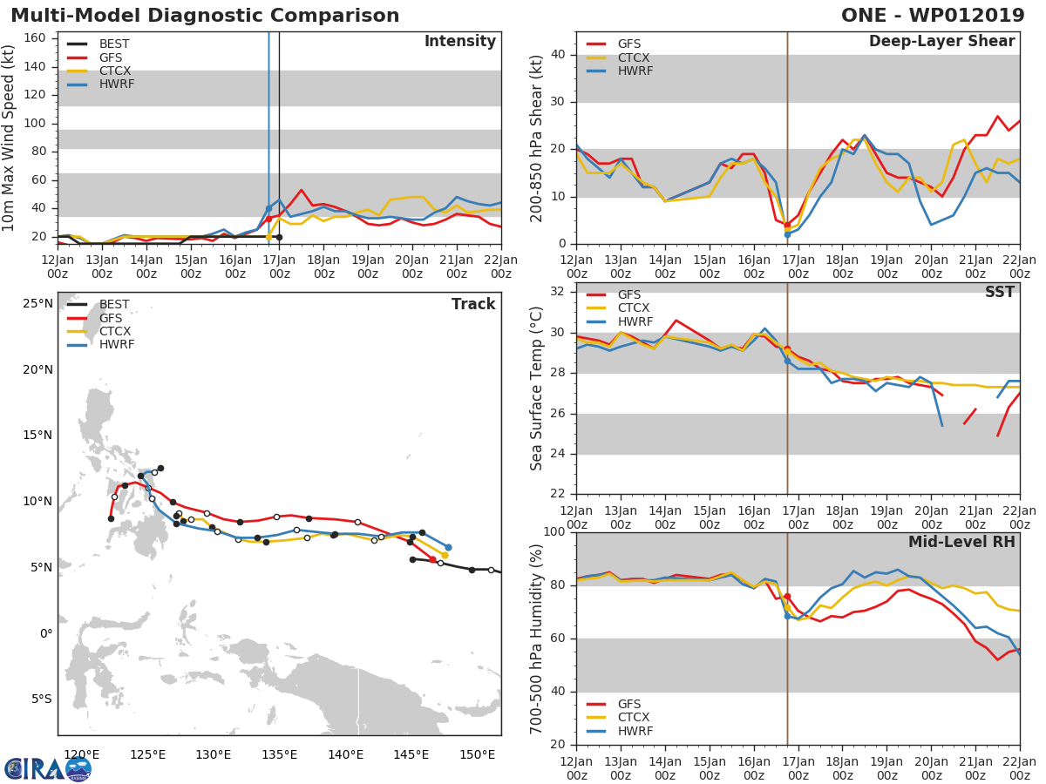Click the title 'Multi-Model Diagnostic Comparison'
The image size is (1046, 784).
[205, 16]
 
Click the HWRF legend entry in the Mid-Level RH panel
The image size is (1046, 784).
[634, 731]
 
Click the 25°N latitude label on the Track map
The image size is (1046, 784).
[37, 304]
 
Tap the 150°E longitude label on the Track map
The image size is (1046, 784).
[479, 754]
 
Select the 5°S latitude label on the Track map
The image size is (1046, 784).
[40, 699]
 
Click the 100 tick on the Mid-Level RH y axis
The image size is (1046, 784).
[556, 532]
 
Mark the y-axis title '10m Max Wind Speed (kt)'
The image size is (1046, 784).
[10, 139]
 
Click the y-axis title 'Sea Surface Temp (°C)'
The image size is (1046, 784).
[537, 389]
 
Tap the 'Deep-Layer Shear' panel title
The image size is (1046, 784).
[941, 42]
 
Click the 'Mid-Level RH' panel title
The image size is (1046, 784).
[961, 543]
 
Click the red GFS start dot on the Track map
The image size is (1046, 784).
[432, 559]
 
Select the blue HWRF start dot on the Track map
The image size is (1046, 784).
[448, 547]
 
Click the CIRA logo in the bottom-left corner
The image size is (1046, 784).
[47, 768]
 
